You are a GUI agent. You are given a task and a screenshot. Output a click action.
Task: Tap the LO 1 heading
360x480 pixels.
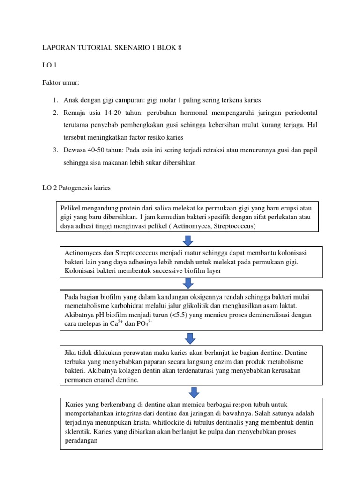(x=49, y=65)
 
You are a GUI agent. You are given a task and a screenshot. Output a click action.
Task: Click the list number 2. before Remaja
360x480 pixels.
(x=55, y=113)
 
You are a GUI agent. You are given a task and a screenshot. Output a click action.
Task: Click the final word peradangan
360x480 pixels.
(x=81, y=440)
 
